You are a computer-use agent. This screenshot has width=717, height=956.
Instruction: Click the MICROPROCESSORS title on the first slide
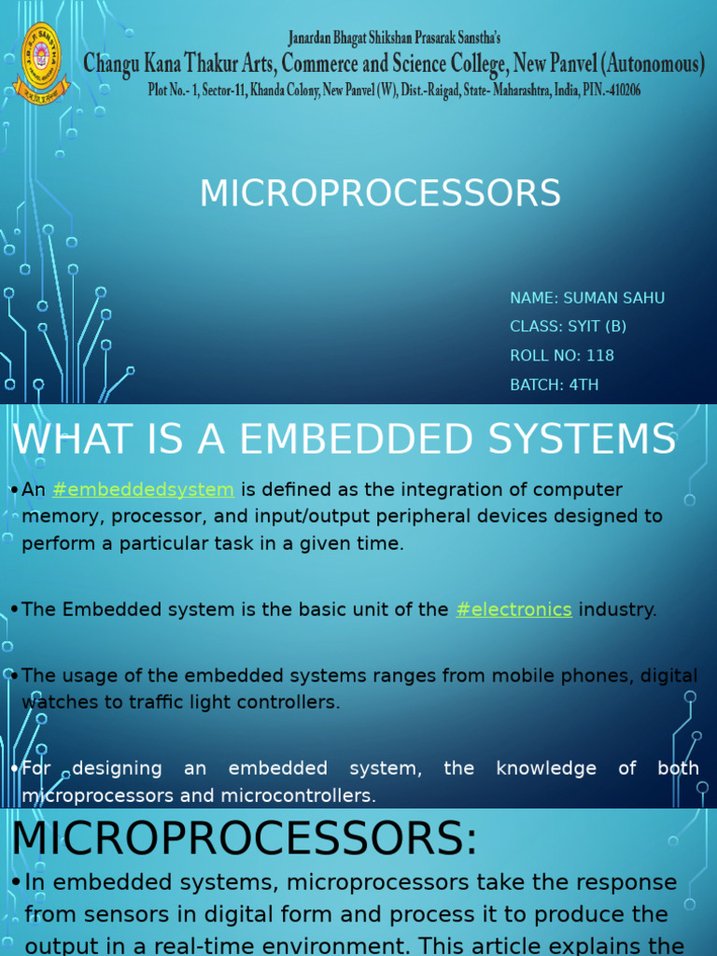pos(380,193)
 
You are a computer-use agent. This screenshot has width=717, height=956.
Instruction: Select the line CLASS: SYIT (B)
pos(568,327)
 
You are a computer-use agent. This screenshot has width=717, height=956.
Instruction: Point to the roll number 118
pos(601,356)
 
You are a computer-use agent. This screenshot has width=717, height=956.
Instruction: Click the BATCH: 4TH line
pos(554,385)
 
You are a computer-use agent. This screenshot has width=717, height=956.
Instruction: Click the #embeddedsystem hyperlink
pos(143,490)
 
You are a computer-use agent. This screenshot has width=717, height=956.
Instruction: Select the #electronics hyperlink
pos(513,610)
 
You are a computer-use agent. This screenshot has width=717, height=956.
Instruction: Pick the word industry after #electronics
pos(616,610)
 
